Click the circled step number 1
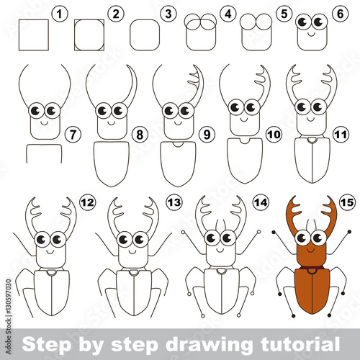[60, 14]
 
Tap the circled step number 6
[341, 14]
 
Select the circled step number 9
[207, 135]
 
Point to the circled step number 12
[88, 203]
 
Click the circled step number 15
[347, 203]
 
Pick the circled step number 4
[228, 14]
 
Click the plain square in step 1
[34, 35]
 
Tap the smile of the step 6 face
[312, 35]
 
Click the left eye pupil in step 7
[36, 111]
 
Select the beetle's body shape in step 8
[112, 163]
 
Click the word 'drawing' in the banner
[209, 345]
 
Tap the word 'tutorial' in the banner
[300, 344]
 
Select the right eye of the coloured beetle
[318, 238]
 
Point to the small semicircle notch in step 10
[245, 141]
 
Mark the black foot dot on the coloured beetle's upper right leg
[349, 232]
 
